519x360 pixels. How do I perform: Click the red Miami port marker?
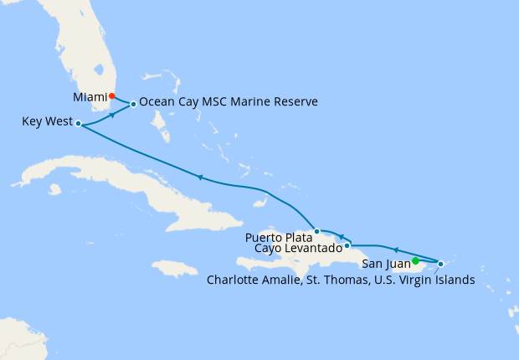tap(112, 95)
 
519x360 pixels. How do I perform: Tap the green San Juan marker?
tap(415, 260)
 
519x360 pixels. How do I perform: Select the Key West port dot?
tap(78, 124)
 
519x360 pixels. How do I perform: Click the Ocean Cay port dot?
tap(133, 105)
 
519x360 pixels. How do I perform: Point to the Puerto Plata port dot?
tap(316, 231)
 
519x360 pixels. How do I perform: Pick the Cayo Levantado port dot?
tap(347, 246)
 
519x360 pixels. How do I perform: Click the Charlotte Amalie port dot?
tap(440, 265)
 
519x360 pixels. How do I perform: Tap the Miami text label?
tap(90, 97)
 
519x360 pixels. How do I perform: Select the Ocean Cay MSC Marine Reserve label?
tap(229, 102)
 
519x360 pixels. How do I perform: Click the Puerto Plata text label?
tap(279, 238)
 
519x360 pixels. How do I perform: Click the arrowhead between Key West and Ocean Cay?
tap(111, 116)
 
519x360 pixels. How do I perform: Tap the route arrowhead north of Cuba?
tap(200, 177)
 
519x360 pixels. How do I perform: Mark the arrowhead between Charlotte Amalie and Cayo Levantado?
tap(395, 249)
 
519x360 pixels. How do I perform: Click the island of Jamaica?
tap(180, 270)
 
